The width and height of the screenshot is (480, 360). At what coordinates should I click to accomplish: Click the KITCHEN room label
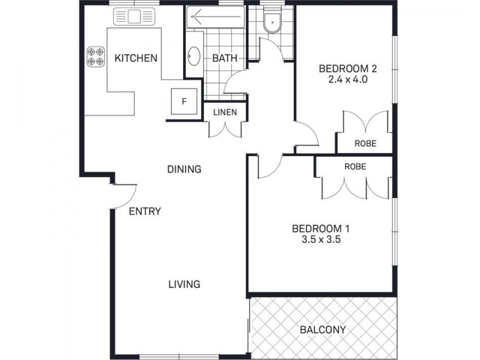pos(136,58)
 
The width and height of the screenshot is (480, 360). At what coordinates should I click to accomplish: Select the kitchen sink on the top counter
pos(133,17)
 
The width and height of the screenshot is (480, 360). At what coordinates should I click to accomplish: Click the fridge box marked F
pos(185,101)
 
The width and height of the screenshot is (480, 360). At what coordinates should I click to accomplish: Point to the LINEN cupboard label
pos(225,112)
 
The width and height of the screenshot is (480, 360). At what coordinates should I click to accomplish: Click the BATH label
pos(225,58)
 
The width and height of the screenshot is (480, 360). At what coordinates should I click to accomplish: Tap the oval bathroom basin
pos(194,56)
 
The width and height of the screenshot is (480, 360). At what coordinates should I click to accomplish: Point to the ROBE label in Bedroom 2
pos(365,143)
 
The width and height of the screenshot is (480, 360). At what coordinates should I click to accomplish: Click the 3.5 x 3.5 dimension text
pos(320,239)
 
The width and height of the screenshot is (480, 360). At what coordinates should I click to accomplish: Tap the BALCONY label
pos(323,329)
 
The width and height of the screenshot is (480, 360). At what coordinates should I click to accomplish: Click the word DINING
pos(184,169)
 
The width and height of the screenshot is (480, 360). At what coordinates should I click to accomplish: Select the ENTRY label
pos(145,211)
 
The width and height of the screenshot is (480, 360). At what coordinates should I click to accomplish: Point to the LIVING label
pos(184,284)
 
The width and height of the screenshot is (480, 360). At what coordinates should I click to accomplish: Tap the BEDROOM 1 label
pos(320,228)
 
